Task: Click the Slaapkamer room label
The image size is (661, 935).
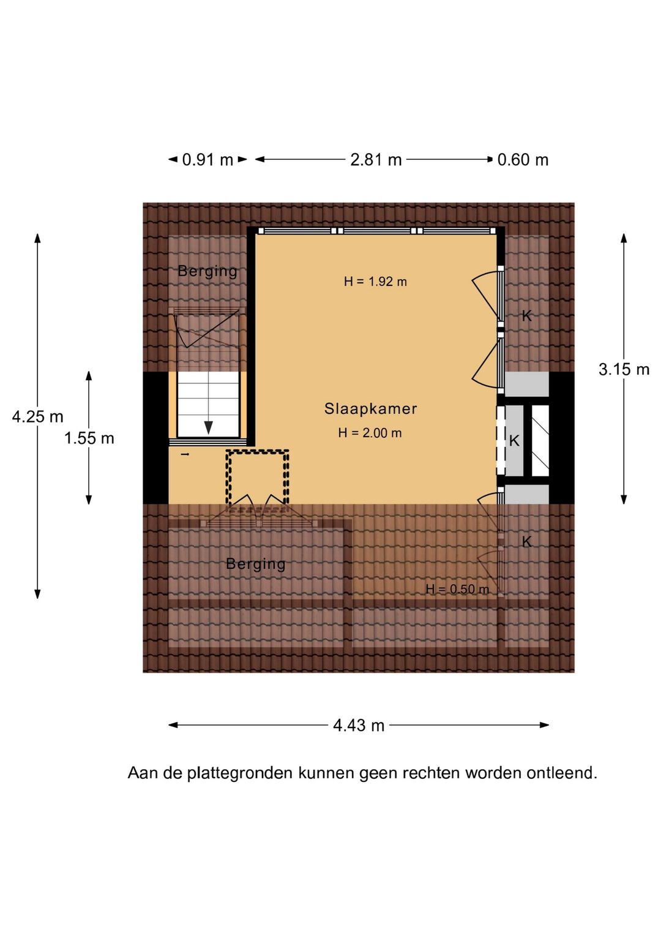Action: click(370, 408)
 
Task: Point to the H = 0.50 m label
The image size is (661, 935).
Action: click(457, 589)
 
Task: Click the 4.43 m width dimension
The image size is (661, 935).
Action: click(359, 726)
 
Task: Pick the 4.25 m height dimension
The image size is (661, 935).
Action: click(37, 416)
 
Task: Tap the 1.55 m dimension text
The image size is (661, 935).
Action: click(89, 438)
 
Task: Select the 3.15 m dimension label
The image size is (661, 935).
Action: click(624, 369)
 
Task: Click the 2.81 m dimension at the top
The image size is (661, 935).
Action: click(376, 159)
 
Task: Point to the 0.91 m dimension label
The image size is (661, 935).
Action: click(207, 159)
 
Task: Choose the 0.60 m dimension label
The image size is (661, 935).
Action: click(523, 159)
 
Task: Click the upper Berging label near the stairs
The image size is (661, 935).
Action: click(207, 271)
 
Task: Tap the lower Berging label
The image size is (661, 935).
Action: click(256, 564)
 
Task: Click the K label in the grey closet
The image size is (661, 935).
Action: click(514, 440)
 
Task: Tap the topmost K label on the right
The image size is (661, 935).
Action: click(527, 316)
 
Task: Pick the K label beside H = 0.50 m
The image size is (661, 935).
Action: click(527, 542)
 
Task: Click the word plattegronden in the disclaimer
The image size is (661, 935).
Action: click(239, 773)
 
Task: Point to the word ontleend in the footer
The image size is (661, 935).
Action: click(562, 773)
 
